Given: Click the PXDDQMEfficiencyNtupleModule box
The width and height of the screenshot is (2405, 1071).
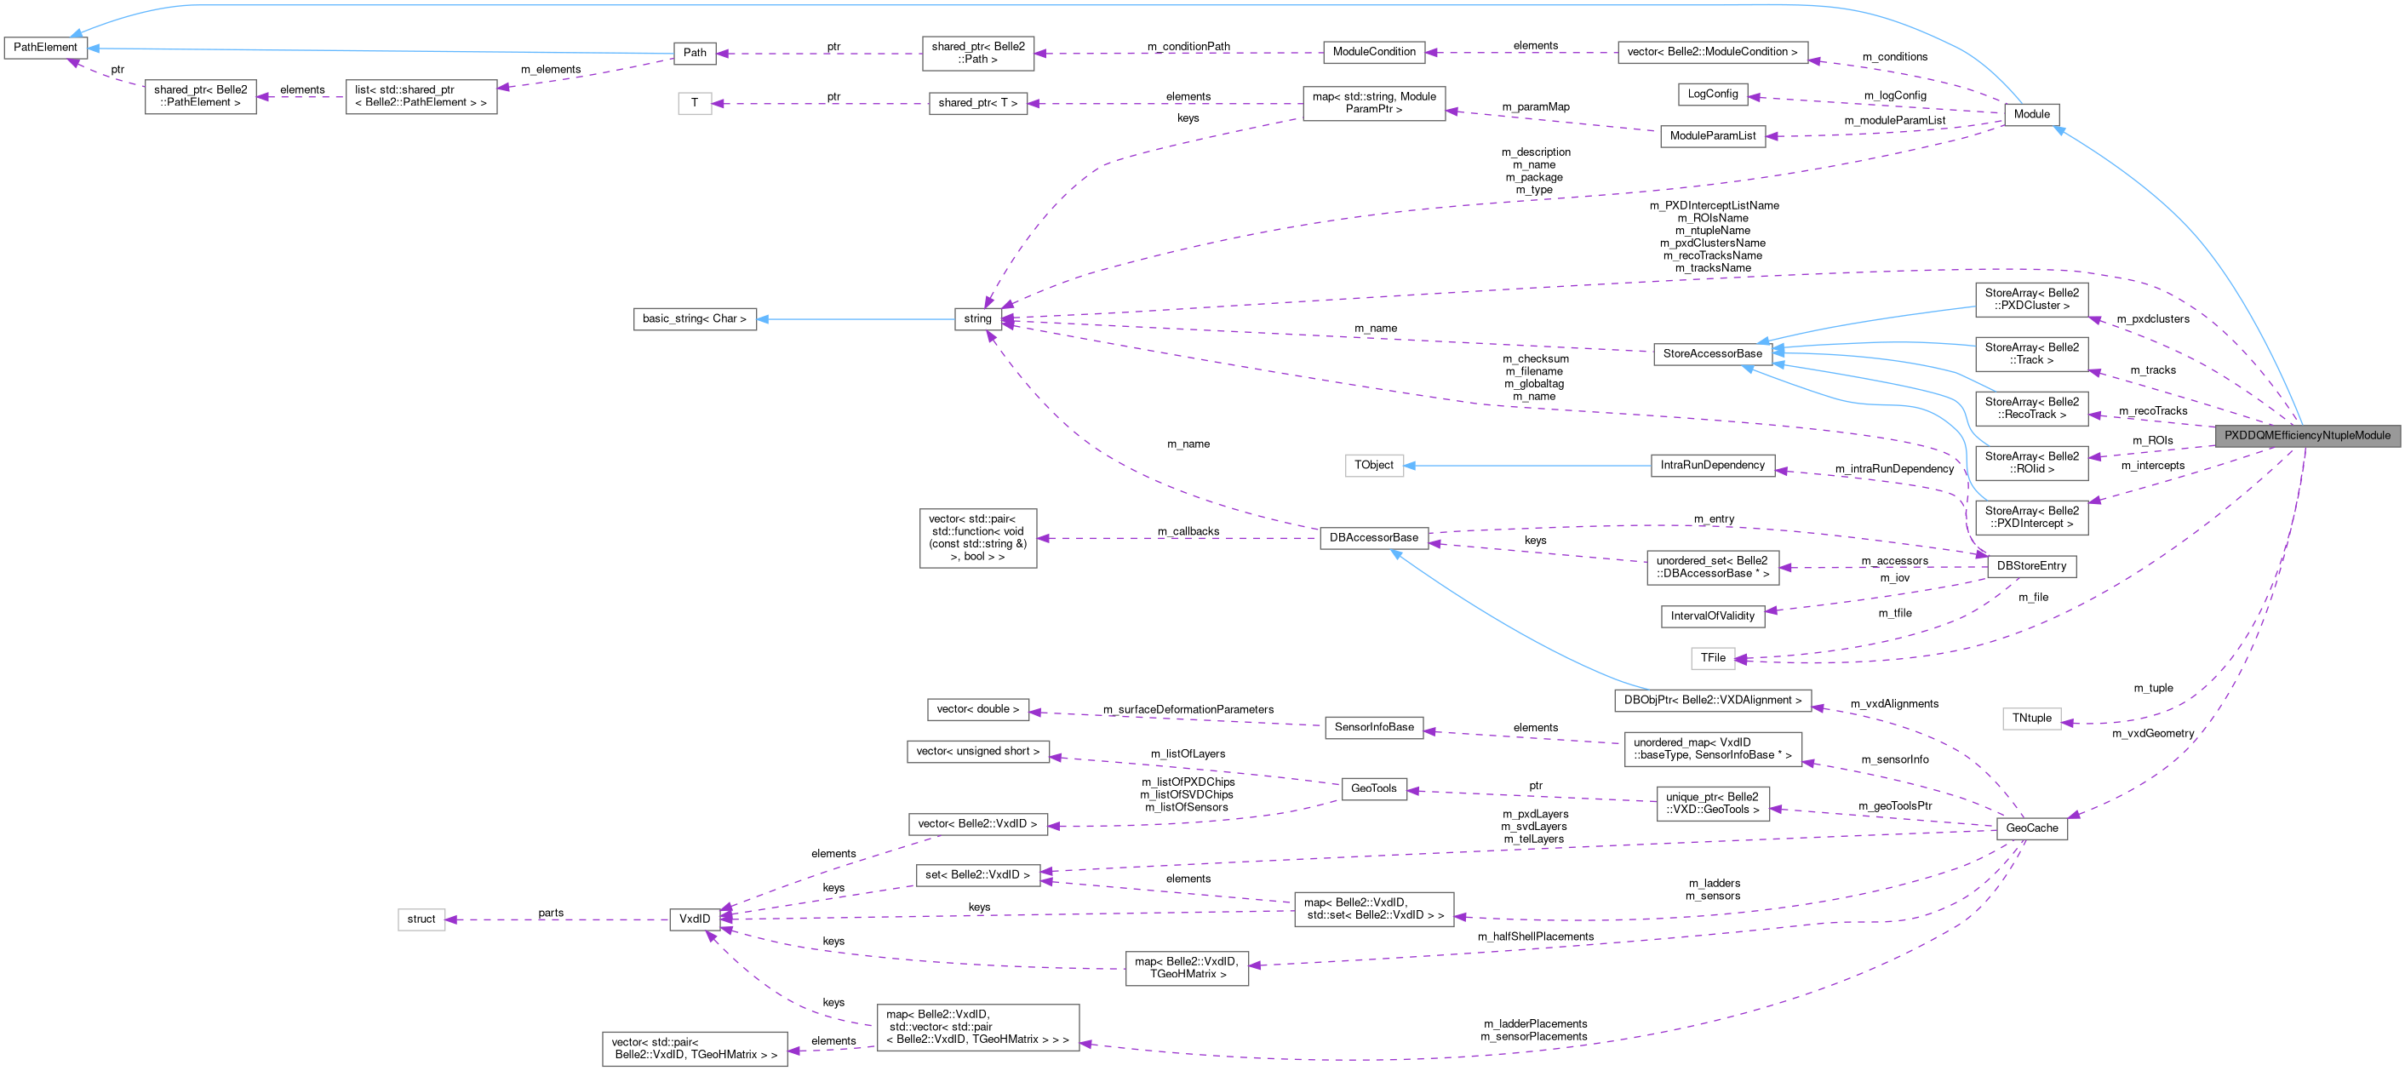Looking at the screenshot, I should [2307, 435].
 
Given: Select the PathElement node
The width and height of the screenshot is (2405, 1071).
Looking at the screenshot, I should [45, 47].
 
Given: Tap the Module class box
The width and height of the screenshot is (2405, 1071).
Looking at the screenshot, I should [2031, 114].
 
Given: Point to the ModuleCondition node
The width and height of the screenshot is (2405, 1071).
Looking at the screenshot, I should [1373, 51].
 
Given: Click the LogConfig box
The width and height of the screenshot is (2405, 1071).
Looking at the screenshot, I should [1712, 94].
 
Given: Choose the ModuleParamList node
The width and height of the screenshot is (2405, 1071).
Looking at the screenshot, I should [1712, 135].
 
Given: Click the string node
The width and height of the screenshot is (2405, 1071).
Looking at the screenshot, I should [977, 318].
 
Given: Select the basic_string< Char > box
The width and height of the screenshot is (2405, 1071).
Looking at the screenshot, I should [695, 318].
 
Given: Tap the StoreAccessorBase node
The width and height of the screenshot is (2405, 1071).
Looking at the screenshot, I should [1712, 354].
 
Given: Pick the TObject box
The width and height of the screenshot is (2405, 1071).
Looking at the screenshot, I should [1373, 465].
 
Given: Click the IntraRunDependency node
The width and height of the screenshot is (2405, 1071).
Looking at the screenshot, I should [1712, 465].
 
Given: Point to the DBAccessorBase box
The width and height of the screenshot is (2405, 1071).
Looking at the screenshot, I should [1373, 537].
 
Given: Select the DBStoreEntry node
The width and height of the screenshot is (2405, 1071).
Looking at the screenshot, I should [2031, 566].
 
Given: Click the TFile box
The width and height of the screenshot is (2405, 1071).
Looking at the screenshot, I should [1712, 658].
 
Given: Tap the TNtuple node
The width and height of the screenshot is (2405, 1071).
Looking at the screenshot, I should [2031, 718].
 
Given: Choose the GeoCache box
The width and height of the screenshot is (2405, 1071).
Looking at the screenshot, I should [2031, 828].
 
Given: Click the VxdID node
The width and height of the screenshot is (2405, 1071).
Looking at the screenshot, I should [695, 919].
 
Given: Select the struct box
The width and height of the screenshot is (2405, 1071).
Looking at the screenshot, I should [421, 919].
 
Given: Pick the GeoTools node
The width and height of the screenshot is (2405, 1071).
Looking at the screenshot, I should [1373, 789].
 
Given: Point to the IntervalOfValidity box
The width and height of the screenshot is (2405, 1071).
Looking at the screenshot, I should [1712, 616].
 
